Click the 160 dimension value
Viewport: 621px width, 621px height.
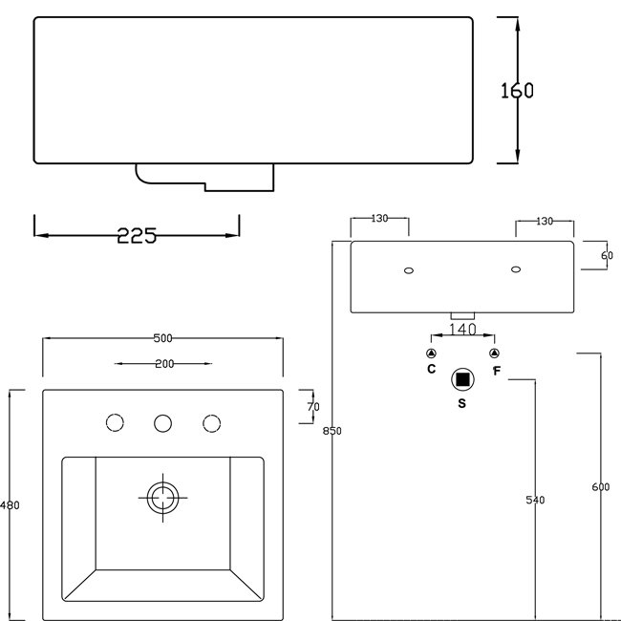pyautogui.click(x=517, y=91)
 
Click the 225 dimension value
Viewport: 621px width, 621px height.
pyautogui.click(x=137, y=236)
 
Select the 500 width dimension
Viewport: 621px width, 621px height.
pyautogui.click(x=162, y=338)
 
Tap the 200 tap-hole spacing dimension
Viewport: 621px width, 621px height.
pyautogui.click(x=164, y=364)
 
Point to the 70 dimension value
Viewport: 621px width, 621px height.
pyautogui.click(x=312, y=407)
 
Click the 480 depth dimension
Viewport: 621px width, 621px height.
pyautogui.click(x=10, y=505)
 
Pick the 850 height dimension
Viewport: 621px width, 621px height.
pyautogui.click(x=332, y=431)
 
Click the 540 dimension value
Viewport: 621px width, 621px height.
pyautogui.click(x=535, y=500)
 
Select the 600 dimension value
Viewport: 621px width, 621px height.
pyautogui.click(x=601, y=486)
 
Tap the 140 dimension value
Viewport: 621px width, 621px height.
pyautogui.click(x=462, y=329)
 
